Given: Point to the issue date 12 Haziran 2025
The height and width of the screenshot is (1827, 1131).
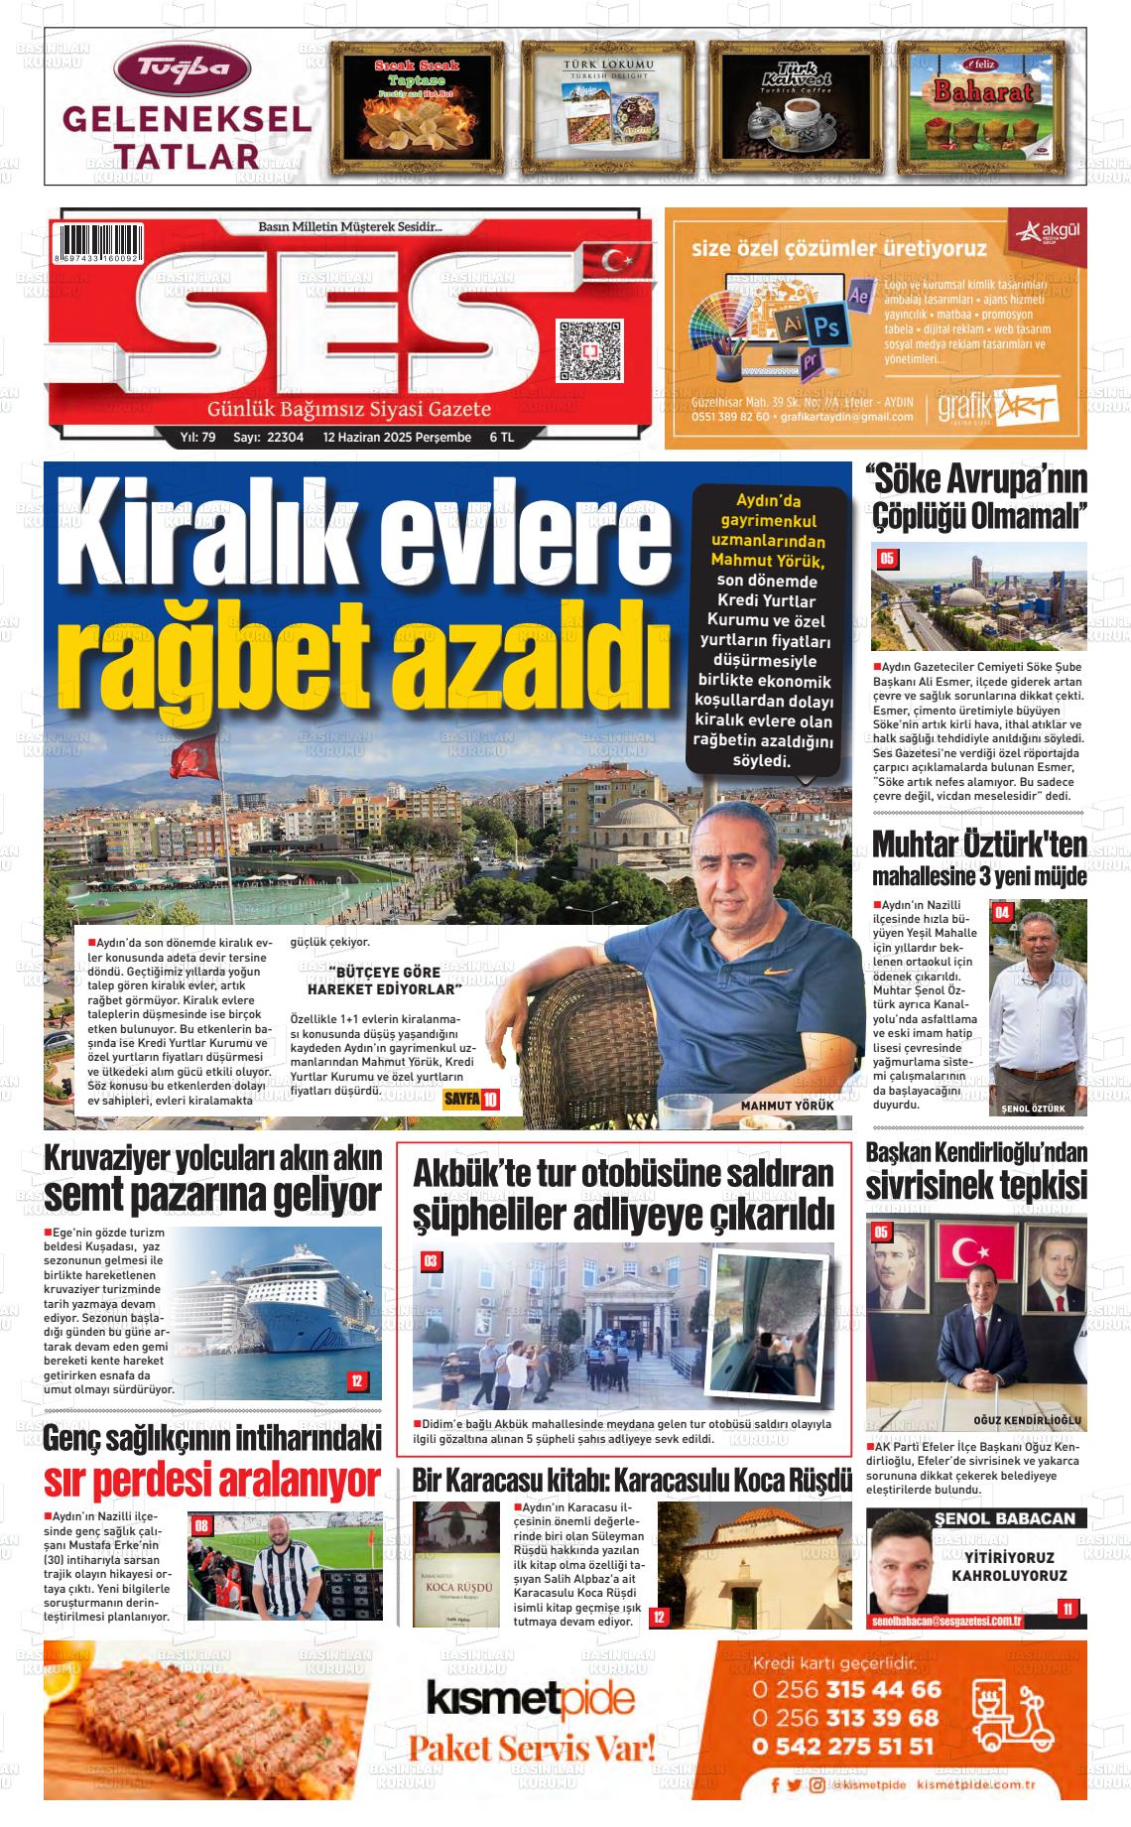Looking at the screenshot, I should (x=397, y=438).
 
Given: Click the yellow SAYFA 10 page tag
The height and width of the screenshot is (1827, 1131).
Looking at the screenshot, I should (x=470, y=1100).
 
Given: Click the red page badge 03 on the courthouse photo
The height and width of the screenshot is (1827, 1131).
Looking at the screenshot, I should (x=431, y=1261).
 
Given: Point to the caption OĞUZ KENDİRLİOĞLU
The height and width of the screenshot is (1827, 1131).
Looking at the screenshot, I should (x=1027, y=1420).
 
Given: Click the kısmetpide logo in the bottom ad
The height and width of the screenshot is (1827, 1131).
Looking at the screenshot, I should (x=530, y=1700).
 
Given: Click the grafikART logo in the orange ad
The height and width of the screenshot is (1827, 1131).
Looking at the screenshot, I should (x=998, y=408).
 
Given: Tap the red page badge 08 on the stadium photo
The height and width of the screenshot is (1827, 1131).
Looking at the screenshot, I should (x=201, y=1525).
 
